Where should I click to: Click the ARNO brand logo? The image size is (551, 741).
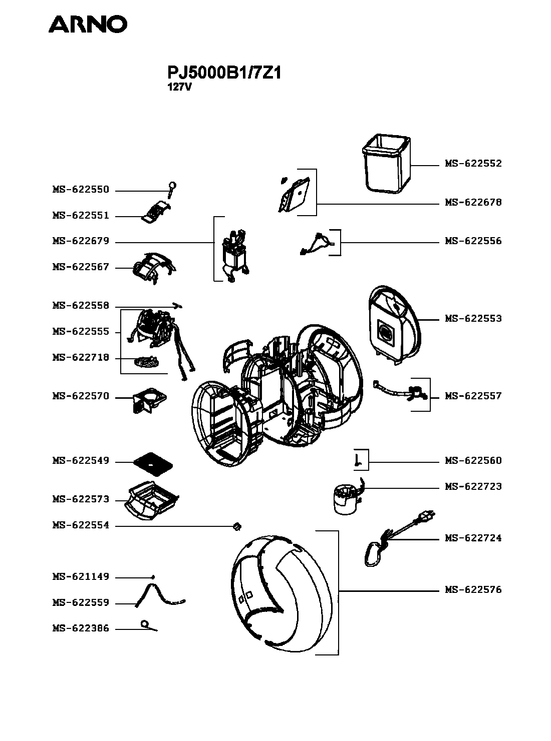[88, 24]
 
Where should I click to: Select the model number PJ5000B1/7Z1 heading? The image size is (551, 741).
[224, 73]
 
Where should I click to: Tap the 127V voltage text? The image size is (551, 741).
[179, 88]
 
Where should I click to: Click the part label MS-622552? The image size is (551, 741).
[473, 164]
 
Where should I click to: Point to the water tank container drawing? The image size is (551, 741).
[386, 164]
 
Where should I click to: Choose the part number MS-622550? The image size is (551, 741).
[81, 190]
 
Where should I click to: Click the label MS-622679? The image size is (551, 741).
[81, 241]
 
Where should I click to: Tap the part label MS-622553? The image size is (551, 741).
[473, 318]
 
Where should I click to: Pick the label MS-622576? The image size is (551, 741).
[473, 590]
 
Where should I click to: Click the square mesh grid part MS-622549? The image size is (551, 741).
[153, 463]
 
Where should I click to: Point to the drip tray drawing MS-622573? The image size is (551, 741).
[152, 500]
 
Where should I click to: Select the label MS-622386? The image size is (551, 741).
[81, 628]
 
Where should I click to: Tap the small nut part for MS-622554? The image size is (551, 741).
[237, 526]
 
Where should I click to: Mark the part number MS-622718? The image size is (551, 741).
[81, 357]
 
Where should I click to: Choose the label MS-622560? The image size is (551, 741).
[473, 461]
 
